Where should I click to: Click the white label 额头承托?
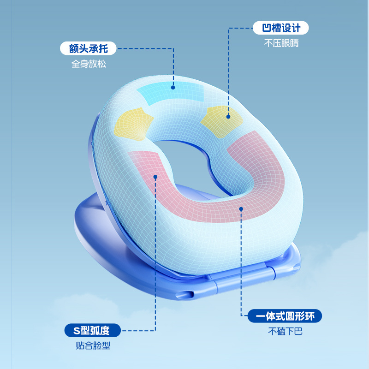(88, 48)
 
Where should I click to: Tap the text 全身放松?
(89, 64)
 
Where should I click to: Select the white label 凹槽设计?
(281, 28)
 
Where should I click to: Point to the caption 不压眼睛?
(281, 44)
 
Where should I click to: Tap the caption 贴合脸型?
(93, 346)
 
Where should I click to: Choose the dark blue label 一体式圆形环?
(285, 316)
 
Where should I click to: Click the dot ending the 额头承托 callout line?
(173, 87)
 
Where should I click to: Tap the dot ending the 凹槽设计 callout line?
(228, 117)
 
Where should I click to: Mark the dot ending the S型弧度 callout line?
(155, 177)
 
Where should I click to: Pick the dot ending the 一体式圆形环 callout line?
(241, 208)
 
